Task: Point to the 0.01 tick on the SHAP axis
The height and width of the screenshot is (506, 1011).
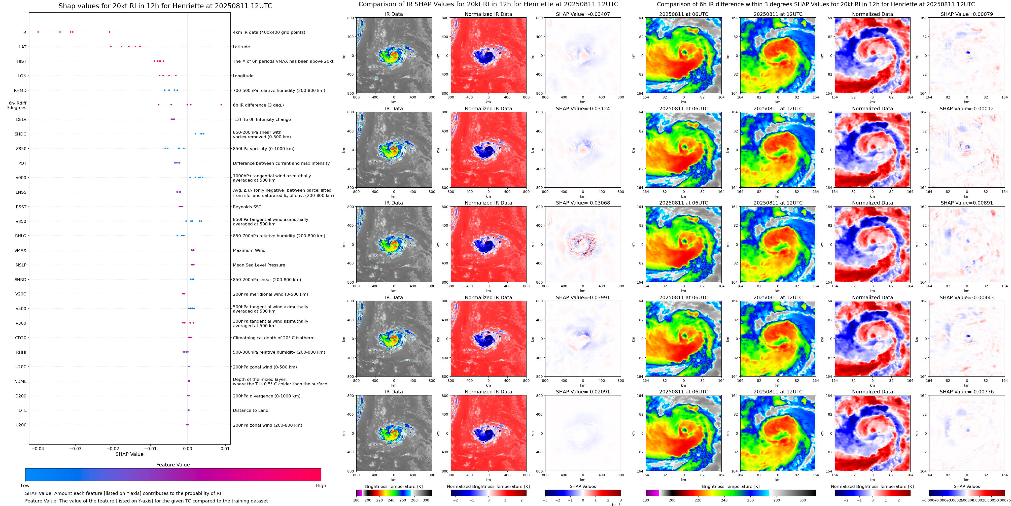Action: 225,448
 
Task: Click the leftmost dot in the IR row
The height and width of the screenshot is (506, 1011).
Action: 38,32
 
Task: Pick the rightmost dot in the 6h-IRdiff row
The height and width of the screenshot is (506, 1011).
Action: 221,105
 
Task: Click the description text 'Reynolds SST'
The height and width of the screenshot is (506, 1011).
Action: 247,207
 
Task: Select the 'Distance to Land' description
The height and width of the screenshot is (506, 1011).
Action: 250,411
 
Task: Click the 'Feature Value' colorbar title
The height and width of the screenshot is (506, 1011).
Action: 173,465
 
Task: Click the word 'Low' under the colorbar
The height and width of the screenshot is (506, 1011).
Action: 25,486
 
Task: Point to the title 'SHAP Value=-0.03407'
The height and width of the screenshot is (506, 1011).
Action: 583,14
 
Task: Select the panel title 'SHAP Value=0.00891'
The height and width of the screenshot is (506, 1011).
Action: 967,203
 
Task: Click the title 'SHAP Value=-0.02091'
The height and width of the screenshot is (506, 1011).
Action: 583,392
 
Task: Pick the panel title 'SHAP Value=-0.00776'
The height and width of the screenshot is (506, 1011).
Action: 967,392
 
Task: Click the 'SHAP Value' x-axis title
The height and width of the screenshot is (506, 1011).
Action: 129,454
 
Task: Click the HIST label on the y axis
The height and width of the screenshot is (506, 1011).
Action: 22,61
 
